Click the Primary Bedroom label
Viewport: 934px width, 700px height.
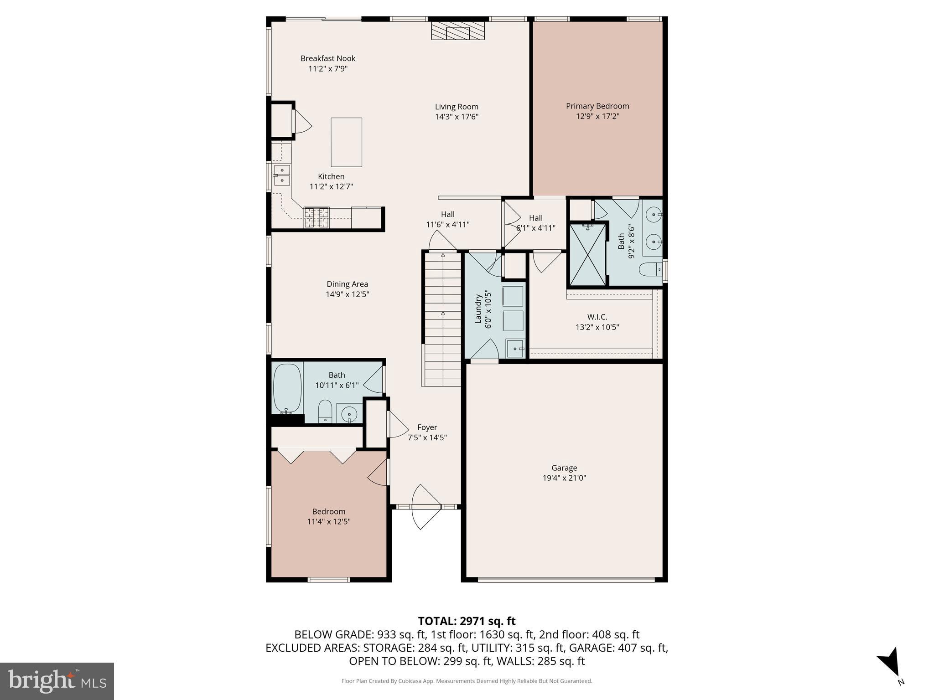click(597, 106)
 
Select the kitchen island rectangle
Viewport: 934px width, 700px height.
click(346, 142)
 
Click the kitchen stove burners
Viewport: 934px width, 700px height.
click(317, 217)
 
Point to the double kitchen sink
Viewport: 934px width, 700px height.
click(282, 175)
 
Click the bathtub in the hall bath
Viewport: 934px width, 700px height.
click(287, 388)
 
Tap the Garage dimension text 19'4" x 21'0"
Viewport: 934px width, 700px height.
click(564, 478)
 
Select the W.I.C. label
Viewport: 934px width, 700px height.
click(597, 317)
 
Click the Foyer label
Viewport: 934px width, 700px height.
click(427, 427)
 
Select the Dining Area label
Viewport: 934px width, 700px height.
click(347, 284)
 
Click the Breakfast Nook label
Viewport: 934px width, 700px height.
click(328, 58)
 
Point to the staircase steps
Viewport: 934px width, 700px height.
click(442, 319)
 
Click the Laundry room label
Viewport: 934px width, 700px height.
click(478, 309)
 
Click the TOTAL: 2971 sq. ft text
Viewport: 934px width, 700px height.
click(467, 621)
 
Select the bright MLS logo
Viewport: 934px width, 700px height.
click(57, 681)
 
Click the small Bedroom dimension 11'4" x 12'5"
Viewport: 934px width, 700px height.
click(328, 522)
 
